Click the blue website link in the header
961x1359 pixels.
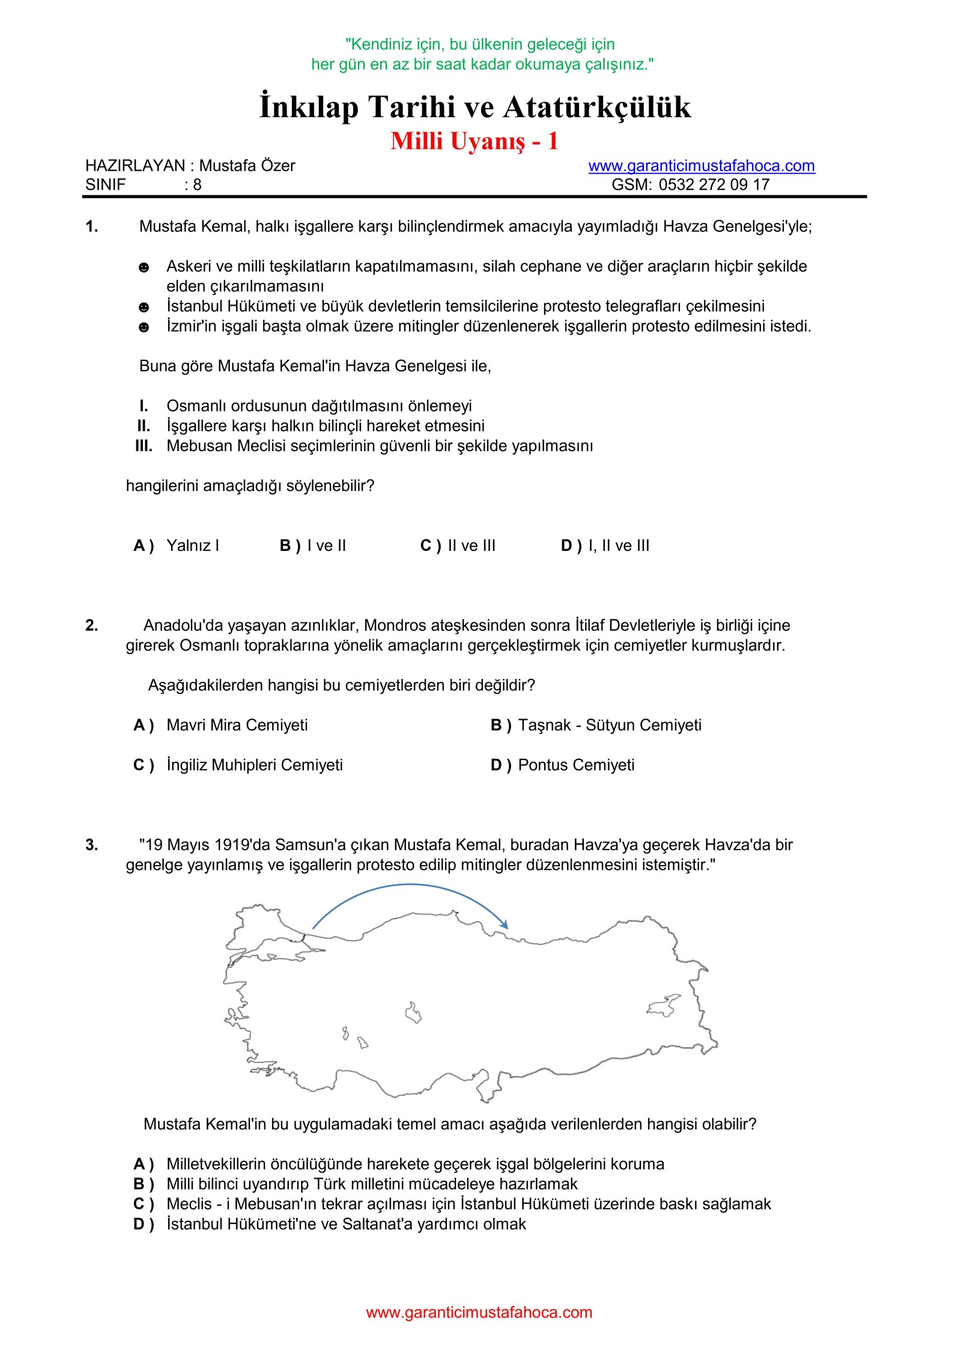click(x=701, y=166)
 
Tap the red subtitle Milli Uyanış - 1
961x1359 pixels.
click(x=474, y=142)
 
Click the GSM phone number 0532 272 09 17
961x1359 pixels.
click(x=714, y=184)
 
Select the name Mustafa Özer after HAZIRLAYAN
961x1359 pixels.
click(x=247, y=166)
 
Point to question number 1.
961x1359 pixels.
click(x=92, y=227)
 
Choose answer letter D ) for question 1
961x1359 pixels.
click(x=571, y=546)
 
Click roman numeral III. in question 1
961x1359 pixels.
click(x=144, y=446)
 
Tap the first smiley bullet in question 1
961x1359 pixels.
click(x=144, y=267)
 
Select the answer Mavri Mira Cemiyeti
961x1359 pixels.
click(x=237, y=725)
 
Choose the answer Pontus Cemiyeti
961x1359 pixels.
click(x=576, y=765)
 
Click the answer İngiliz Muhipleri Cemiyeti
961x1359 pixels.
click(x=255, y=765)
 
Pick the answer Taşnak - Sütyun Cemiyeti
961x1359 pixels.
click(x=610, y=725)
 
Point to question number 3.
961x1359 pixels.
click(x=92, y=845)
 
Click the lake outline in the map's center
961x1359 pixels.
click(x=413, y=1013)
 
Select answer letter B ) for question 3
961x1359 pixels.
click(x=144, y=1184)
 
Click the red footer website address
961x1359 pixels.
click(x=479, y=1312)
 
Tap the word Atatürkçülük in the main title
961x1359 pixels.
click(x=597, y=107)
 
